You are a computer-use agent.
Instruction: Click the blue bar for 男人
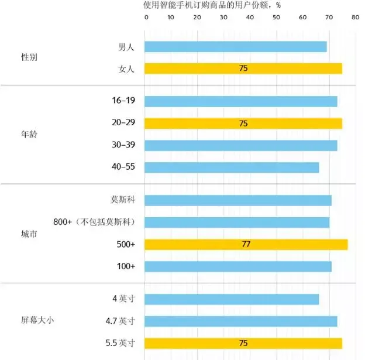235,47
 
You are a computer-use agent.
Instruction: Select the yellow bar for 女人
243,68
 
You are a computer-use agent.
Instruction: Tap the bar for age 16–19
240,101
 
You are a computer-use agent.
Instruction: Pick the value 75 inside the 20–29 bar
244,124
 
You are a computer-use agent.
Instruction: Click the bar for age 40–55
232,167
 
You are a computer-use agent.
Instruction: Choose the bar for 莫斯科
237,200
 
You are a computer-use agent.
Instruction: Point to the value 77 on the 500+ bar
246,244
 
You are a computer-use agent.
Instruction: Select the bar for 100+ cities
237,266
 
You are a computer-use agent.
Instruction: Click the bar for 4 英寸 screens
232,299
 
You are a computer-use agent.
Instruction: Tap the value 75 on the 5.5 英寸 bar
244,343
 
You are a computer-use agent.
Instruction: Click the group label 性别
29,58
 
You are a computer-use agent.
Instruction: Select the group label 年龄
29,134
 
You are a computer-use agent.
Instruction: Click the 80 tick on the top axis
354,18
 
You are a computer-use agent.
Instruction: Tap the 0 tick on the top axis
146,18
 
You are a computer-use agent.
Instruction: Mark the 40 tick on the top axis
250,18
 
